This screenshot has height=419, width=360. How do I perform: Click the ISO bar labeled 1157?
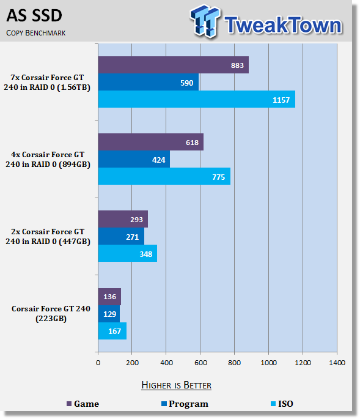[197, 99]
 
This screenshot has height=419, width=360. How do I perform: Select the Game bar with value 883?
[174, 65]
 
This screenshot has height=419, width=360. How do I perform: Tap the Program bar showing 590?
[149, 82]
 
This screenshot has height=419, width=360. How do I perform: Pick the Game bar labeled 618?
[151, 142]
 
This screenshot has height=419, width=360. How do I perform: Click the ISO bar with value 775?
[164, 176]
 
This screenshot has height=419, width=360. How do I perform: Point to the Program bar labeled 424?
[134, 159]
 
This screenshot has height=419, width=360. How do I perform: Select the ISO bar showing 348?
[128, 253]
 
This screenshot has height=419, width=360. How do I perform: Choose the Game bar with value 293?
[123, 219]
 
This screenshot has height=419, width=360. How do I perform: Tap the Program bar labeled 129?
[109, 314]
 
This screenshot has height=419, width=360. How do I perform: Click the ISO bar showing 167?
[112, 331]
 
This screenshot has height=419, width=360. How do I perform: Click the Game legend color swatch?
[69, 404]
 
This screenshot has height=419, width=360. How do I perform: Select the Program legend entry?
[185, 404]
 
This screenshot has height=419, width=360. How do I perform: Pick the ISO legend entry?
[282, 404]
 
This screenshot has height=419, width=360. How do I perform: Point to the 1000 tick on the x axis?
[269, 363]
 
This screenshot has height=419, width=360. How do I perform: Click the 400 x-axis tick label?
[166, 363]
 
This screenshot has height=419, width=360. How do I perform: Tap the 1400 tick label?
[337, 363]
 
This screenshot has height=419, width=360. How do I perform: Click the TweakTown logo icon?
[205, 21]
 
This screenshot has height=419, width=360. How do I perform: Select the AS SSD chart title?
[34, 15]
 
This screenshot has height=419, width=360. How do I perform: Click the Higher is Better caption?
[176, 385]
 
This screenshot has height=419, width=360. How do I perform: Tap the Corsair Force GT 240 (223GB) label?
[51, 313]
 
